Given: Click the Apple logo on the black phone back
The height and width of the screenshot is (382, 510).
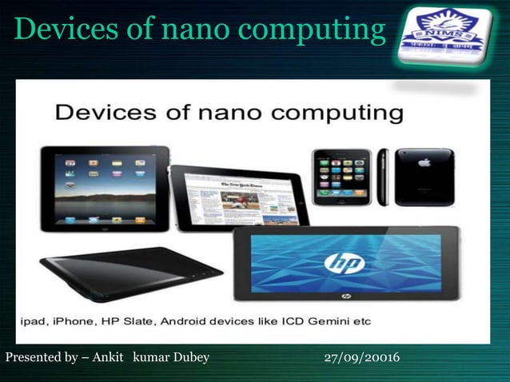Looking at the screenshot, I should click(424, 162).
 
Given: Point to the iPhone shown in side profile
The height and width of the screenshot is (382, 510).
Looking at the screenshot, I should click(382, 177).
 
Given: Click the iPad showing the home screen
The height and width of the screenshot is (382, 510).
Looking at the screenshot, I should click(105, 189).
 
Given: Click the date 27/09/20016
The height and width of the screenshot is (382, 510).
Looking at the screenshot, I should click(362, 357).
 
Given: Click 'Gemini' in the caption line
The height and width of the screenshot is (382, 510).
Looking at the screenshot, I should click(332, 321).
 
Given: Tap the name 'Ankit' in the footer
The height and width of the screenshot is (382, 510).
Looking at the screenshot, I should click(108, 357).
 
